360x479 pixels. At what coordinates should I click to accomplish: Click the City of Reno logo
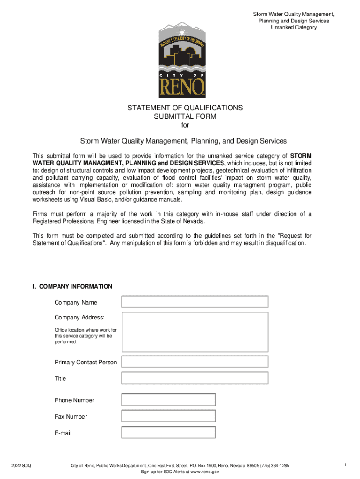(182, 58)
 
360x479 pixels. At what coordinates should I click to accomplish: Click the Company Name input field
(195, 302)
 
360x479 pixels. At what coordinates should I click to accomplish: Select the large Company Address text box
(195, 332)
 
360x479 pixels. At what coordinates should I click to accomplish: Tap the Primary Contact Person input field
(195, 362)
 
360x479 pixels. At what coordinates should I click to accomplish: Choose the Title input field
(195, 378)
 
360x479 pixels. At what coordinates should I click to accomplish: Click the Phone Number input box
(168, 399)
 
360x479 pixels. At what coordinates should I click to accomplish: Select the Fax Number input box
(168, 416)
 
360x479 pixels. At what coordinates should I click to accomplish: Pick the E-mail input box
(168, 432)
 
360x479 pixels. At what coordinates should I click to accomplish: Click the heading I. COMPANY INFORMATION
(72, 286)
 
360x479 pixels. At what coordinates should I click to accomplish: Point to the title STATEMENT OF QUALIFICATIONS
(185, 108)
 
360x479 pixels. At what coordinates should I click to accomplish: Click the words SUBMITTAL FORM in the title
(185, 116)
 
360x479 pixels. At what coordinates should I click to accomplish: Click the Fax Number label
(71, 416)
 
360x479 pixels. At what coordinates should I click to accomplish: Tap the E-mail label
(63, 433)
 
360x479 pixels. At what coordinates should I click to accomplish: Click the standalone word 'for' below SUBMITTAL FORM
(185, 125)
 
